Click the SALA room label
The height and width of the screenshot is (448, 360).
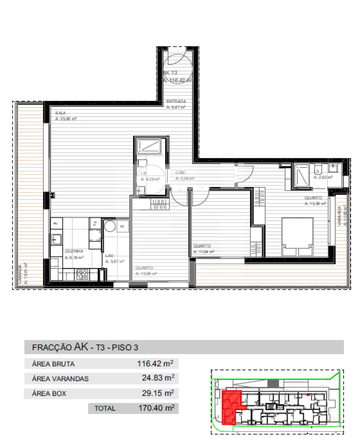click(x=60, y=113)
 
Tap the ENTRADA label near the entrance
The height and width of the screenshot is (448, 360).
click(x=176, y=102)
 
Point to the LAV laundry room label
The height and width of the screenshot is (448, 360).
click(x=109, y=255)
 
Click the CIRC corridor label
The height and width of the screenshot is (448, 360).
click(x=180, y=173)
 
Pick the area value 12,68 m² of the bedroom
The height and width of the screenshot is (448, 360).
click(x=146, y=274)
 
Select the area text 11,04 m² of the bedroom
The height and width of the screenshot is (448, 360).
click(x=204, y=252)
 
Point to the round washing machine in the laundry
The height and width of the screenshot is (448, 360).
click(x=110, y=226)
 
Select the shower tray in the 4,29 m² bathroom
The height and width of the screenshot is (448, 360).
click(x=150, y=147)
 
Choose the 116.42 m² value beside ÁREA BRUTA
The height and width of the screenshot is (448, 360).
click(x=155, y=364)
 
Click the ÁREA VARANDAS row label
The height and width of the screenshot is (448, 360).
click(x=60, y=379)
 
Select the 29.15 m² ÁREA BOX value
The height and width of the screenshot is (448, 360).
click(x=158, y=393)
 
